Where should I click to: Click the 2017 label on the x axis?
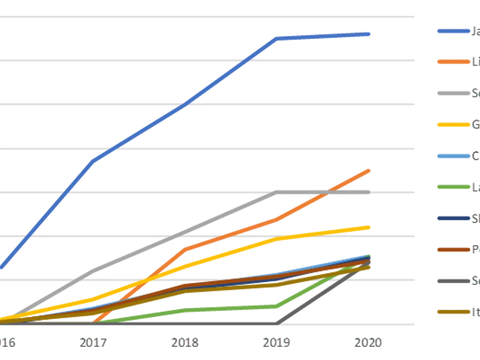point(94,342)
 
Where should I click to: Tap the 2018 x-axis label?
point(184,342)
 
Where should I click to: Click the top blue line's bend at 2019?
point(277,38)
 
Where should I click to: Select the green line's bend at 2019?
point(276,307)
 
